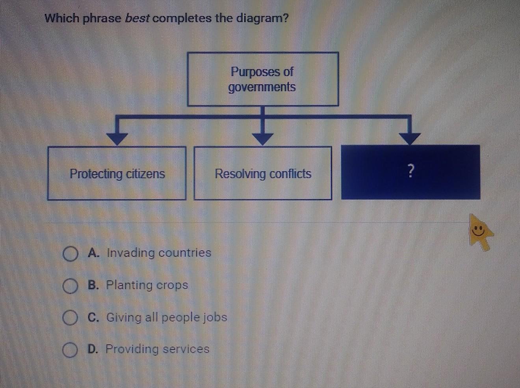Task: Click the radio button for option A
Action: click(x=70, y=254)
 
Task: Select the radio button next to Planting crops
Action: click(x=70, y=286)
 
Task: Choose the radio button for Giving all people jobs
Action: click(x=70, y=318)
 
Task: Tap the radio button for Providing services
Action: click(x=70, y=350)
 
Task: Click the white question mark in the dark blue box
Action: click(x=411, y=170)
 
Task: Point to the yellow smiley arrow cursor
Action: click(x=481, y=232)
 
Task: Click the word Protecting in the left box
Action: click(x=96, y=174)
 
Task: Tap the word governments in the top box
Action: click(x=262, y=87)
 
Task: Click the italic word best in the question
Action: click(x=137, y=18)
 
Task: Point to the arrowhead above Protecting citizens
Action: click(x=117, y=139)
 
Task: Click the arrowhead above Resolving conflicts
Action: click(x=262, y=139)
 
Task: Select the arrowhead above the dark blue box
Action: click(x=410, y=139)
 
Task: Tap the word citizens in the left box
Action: click(x=145, y=174)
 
